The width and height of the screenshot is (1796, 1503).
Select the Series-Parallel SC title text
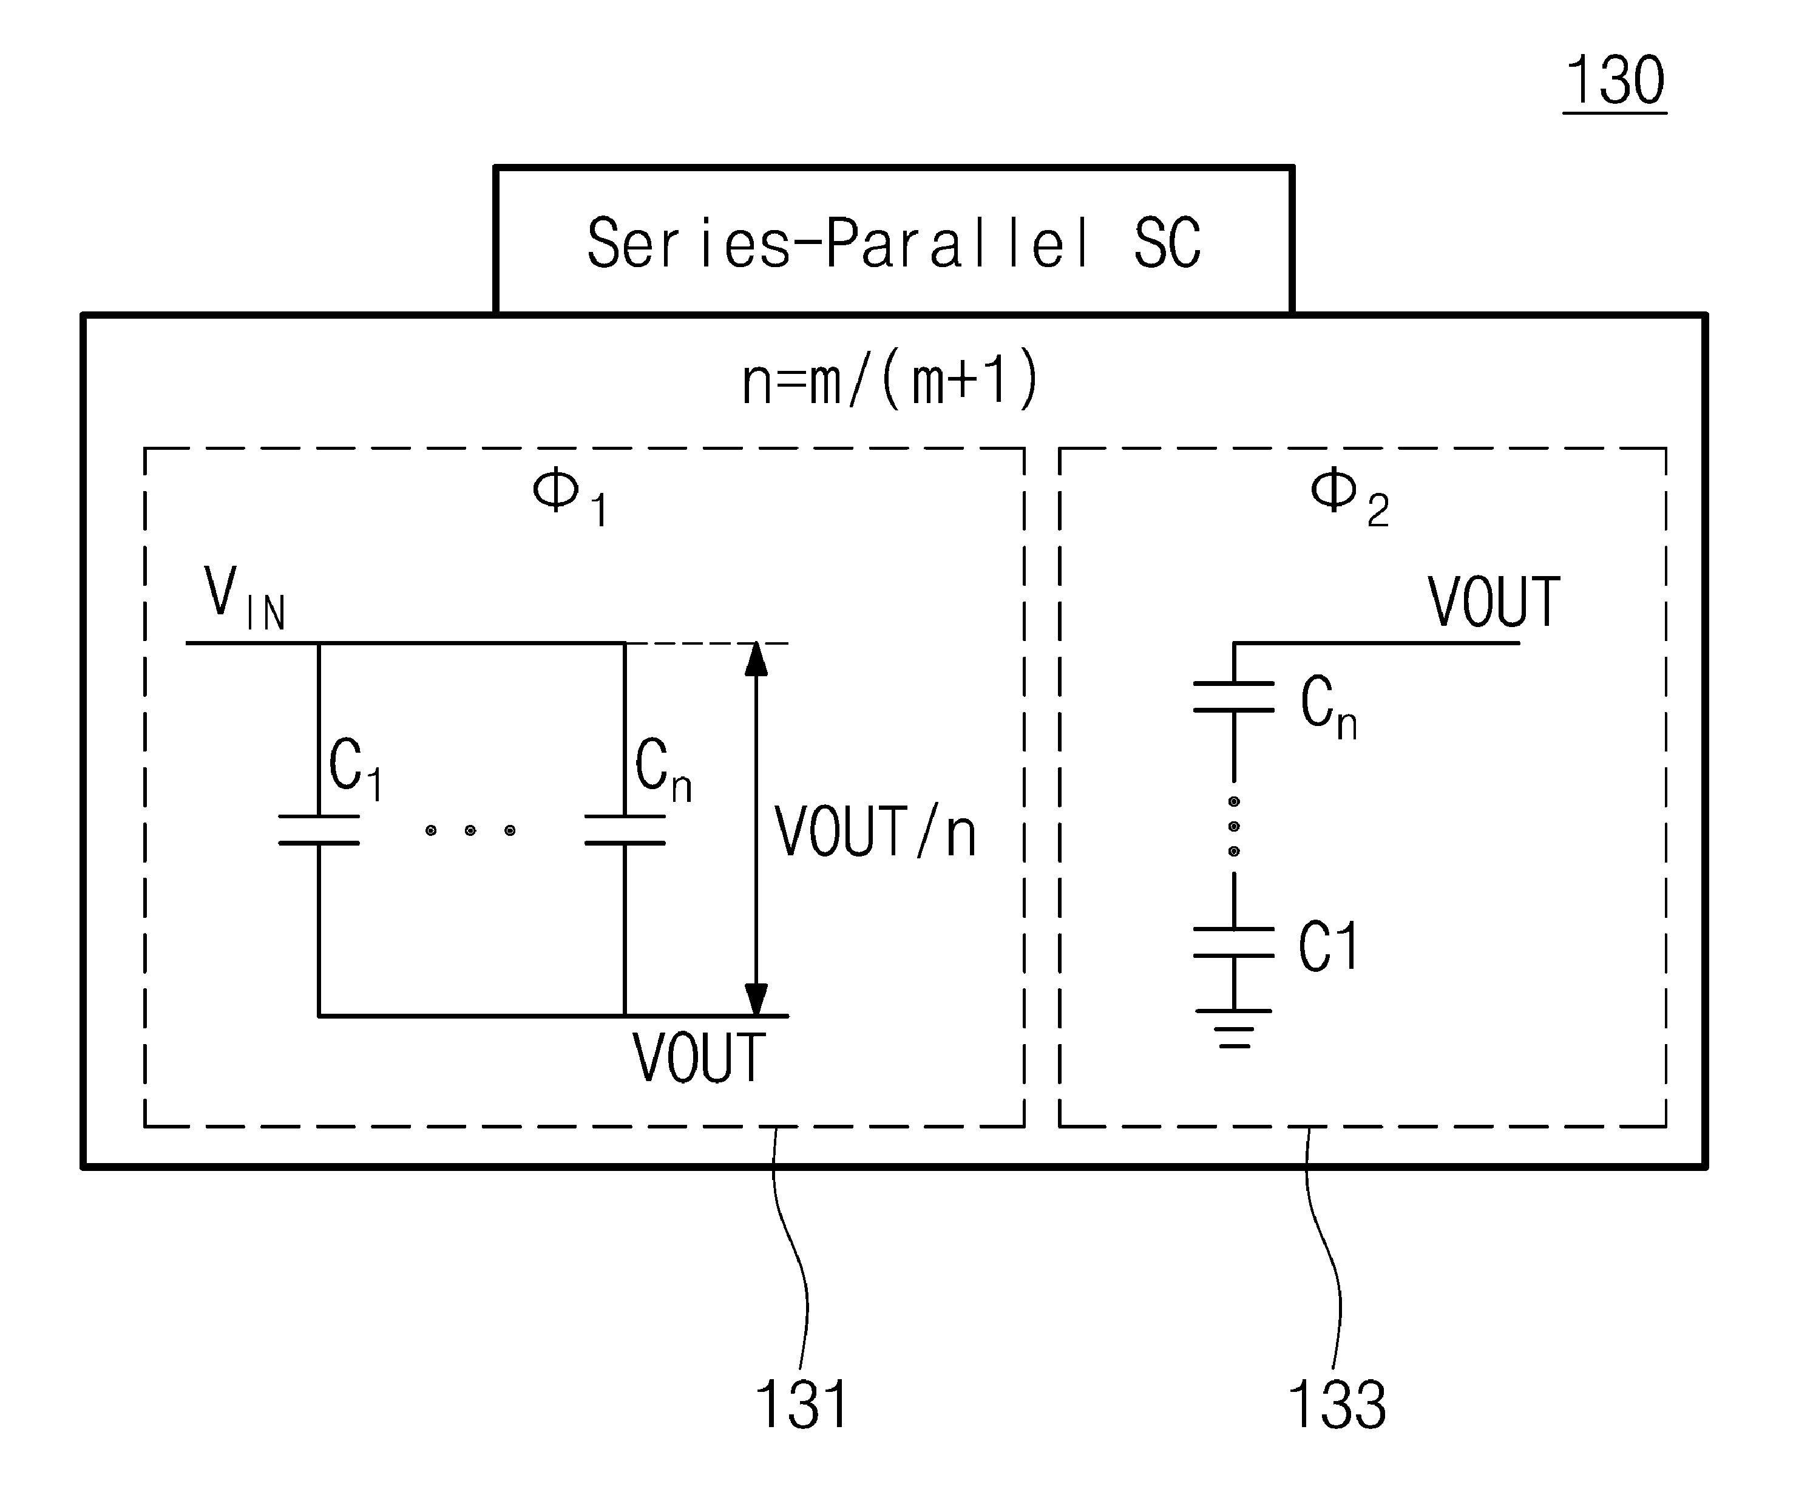pos(893,244)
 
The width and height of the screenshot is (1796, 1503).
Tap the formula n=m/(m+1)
pos(889,381)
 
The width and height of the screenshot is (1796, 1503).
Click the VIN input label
pos(245,599)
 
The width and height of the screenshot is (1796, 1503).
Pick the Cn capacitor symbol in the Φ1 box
pos(625,830)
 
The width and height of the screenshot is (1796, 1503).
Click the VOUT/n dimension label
pos(875,832)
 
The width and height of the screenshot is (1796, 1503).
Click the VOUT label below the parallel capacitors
pos(699,1058)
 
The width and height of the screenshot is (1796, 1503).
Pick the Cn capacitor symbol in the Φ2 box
pos(1233,696)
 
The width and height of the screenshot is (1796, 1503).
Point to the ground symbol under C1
pos(1234,1028)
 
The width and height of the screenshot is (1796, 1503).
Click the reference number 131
pos(802,1405)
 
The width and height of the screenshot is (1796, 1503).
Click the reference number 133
pos(1337,1405)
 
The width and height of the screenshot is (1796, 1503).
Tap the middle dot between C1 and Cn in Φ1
pos(470,830)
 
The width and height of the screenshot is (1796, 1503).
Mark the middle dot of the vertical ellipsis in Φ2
pos(1233,826)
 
